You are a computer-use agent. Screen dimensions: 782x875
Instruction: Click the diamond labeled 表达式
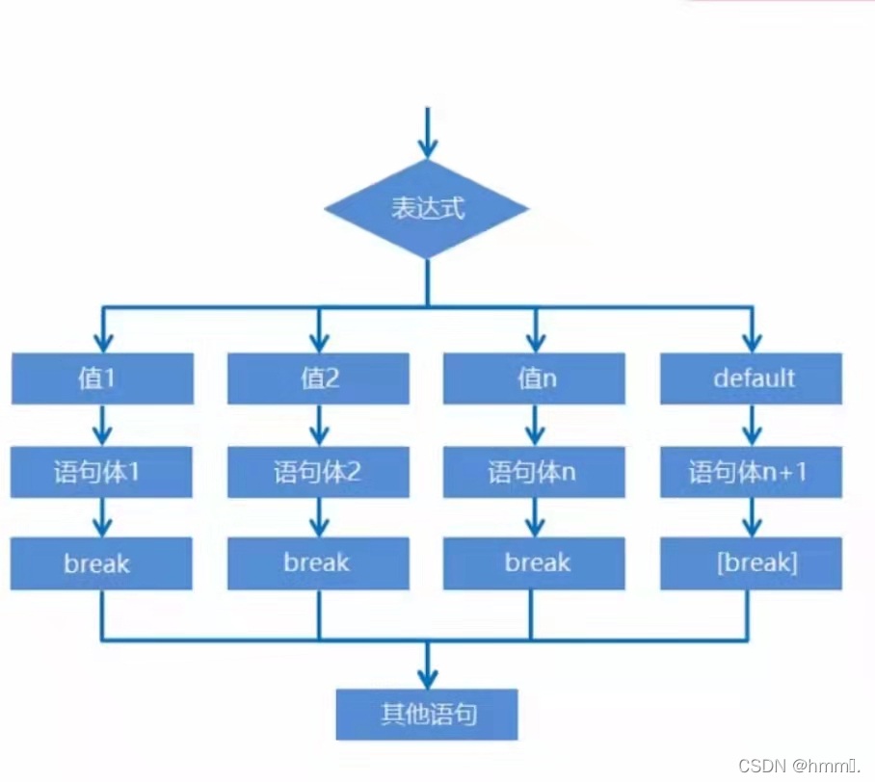427,209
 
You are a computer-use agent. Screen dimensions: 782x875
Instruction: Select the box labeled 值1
102,378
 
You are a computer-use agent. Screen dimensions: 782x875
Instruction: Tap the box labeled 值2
318,378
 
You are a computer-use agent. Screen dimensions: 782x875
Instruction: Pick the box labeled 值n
534,378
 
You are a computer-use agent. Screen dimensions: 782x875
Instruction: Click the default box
751,378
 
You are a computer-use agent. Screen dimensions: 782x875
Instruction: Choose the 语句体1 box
102,472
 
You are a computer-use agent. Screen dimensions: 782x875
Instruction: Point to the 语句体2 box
318,472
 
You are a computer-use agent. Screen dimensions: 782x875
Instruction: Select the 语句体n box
534,472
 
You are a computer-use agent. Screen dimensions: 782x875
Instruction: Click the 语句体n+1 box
751,472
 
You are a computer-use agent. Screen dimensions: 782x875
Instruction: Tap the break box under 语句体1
102,563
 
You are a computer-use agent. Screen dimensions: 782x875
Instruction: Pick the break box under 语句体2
318,563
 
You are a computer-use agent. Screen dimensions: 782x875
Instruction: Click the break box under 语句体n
534,563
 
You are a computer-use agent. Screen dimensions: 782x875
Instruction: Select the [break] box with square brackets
751,563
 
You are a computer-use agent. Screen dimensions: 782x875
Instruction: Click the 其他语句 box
427,715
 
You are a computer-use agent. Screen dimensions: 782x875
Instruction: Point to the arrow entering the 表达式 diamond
427,135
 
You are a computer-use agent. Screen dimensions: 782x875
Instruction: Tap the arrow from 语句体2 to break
318,518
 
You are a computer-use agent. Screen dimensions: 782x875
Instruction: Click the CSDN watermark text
798,766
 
